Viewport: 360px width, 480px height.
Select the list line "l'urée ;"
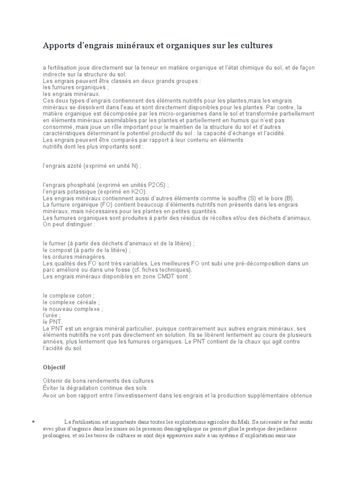pyautogui.click(x=52, y=315)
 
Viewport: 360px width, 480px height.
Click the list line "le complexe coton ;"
pyautogui.click(x=68, y=296)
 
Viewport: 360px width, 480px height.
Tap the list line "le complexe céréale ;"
pyautogui.click(x=71, y=302)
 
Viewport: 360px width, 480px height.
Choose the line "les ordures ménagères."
pyautogui.click(x=74, y=257)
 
